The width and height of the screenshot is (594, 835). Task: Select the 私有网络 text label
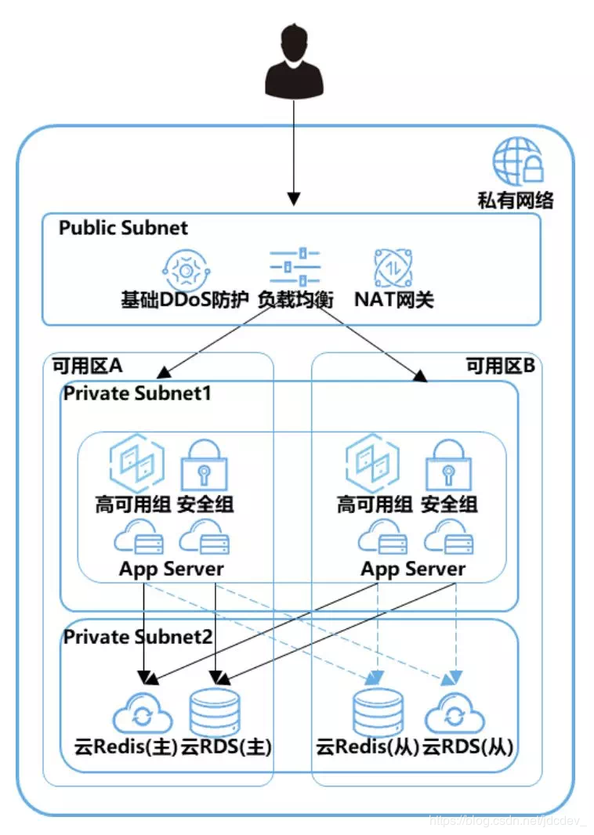tap(516, 201)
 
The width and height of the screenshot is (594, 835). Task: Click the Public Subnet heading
tap(123, 228)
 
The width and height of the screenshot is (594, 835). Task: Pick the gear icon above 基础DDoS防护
tap(186, 269)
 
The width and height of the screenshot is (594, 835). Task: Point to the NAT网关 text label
tap(393, 299)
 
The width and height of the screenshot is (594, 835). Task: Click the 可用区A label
tap(87, 366)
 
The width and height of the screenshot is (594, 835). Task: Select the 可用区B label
tap(500, 366)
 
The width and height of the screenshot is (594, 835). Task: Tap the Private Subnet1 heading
tap(137, 392)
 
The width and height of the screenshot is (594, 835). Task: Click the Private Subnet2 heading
tap(137, 636)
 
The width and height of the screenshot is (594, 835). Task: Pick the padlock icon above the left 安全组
tap(204, 465)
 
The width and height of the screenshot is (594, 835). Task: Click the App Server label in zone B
tap(412, 569)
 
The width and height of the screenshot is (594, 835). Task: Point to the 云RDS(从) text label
tap(468, 746)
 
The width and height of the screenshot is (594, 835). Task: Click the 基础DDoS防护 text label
tap(185, 299)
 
